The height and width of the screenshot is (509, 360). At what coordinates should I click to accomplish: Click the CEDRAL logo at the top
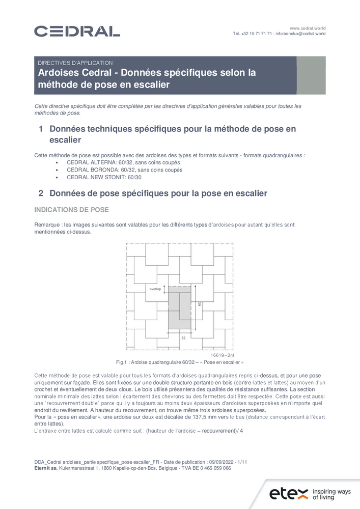point(77,31)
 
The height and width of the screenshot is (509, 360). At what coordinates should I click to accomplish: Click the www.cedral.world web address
point(308,27)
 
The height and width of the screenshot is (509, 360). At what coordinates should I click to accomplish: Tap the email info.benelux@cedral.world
point(300,34)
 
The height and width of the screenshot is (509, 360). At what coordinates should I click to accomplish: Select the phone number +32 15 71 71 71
point(253,34)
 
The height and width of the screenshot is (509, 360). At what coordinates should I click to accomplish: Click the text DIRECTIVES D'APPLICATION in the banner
point(75,63)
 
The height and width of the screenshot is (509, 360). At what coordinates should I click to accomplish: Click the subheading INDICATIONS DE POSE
point(71,210)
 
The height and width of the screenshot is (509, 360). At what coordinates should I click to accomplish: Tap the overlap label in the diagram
point(155,289)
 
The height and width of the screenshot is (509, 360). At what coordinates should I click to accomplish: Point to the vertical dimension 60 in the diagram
point(200,304)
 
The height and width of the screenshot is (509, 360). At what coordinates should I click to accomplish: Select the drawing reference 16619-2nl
point(223,354)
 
